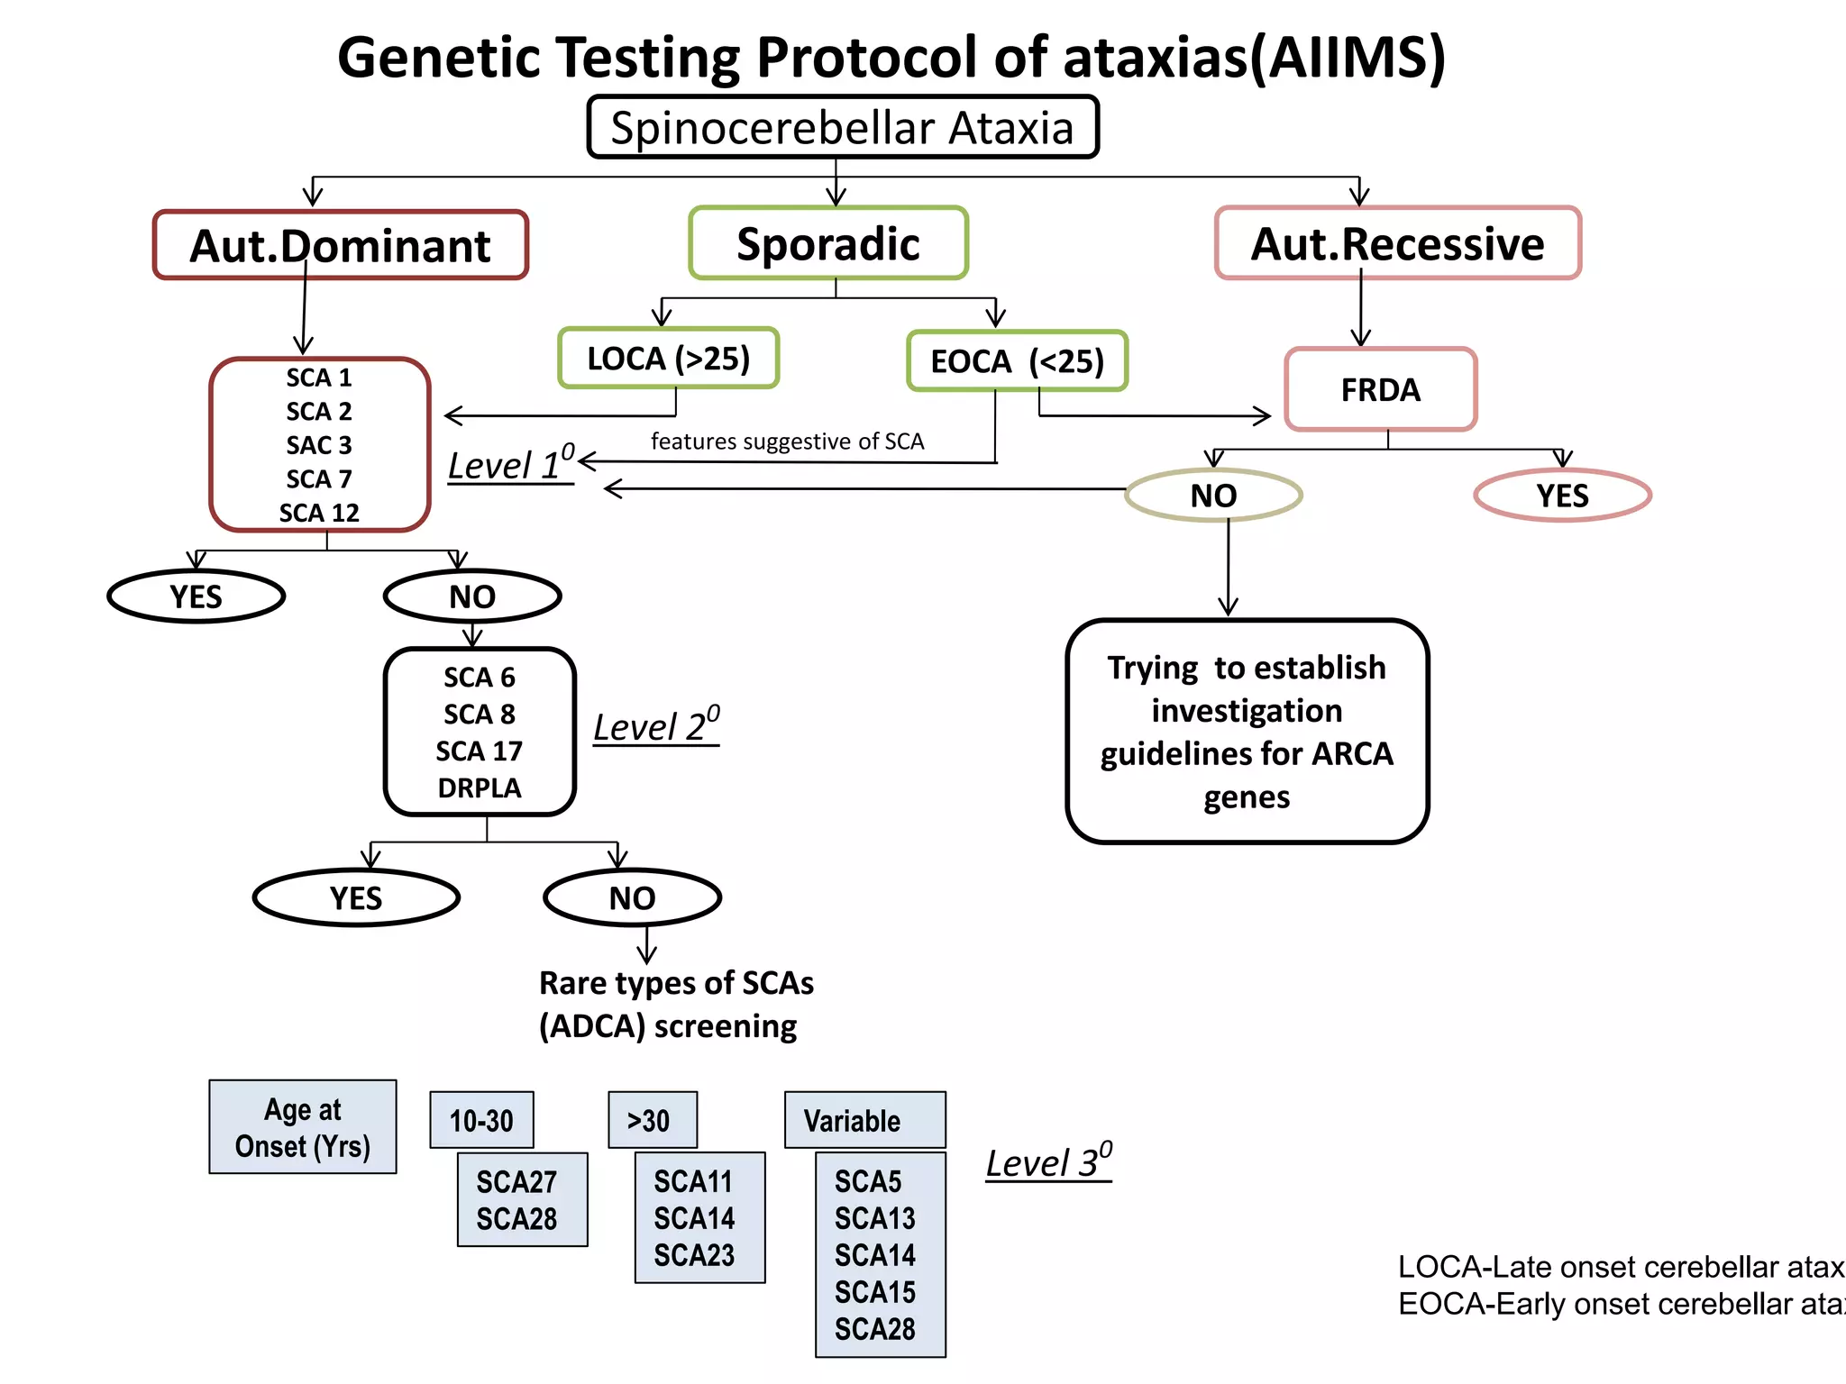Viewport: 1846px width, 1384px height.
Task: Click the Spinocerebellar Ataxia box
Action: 842,127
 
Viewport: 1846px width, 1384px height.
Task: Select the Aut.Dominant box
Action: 340,245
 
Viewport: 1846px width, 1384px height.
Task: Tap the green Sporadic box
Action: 828,243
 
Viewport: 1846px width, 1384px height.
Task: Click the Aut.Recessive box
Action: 1397,243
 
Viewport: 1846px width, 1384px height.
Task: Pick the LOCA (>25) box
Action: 668,359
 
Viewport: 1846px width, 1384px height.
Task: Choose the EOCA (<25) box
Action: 1017,361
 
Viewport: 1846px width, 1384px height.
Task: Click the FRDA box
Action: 1380,389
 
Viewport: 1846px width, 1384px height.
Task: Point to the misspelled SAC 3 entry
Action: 319,445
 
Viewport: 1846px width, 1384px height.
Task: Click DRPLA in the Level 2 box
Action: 480,788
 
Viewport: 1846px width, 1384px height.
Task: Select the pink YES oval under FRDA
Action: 1562,496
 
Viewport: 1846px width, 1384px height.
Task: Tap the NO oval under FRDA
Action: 1213,496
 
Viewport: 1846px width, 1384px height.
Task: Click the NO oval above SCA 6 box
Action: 472,596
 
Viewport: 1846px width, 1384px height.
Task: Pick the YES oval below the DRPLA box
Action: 356,897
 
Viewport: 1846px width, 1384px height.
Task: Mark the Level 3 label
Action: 1048,1162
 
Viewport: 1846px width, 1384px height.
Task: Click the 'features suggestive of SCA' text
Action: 787,442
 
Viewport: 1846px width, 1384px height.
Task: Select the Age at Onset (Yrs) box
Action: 303,1127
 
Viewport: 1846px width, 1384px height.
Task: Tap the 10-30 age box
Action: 481,1120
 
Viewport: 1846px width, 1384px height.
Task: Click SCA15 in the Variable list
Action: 874,1292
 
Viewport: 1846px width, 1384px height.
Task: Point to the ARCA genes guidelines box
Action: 1247,732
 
